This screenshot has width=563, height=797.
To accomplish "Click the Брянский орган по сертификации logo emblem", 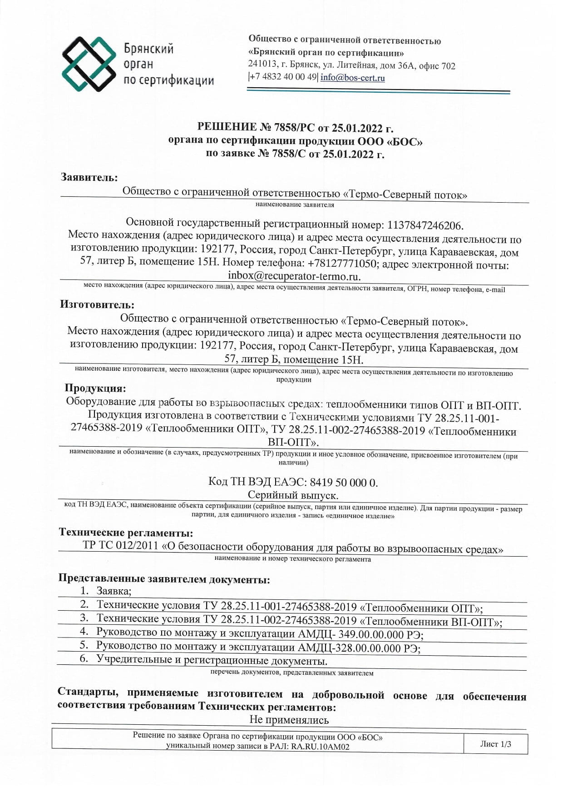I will coord(89,64).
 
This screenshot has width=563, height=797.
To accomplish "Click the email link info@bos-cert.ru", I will coord(352,78).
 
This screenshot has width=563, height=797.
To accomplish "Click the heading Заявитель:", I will coord(89,177).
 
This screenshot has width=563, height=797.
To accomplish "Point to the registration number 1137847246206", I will coord(425,225).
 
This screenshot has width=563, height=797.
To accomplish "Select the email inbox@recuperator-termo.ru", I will coord(294,276).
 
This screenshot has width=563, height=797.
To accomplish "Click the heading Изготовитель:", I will coord(97,304).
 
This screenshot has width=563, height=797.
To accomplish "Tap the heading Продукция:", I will coord(95,388).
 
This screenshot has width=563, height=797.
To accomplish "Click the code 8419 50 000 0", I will coord(344,483).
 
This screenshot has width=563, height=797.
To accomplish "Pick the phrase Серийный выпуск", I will coord(293,495).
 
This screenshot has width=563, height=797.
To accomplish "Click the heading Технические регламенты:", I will coord(126,533).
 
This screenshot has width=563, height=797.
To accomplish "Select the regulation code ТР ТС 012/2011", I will coord(120,545).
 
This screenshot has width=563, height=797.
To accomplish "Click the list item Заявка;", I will coord(114,591).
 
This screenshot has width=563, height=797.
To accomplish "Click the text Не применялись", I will coord(289,720).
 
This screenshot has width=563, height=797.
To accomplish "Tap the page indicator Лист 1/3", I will coord(495,744).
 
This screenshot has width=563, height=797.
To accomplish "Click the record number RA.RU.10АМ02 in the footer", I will coord(320,746).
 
